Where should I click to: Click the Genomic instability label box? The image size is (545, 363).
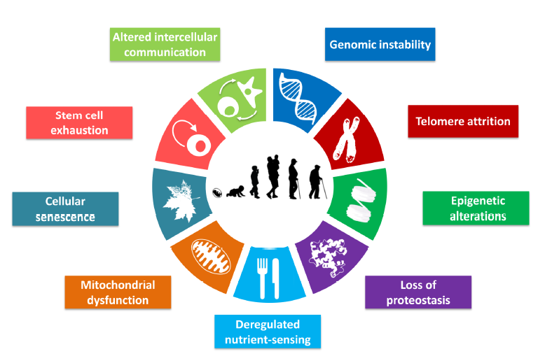click(380, 45)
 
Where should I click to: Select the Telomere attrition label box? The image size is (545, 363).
click(463, 121)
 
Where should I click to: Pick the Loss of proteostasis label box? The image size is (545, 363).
click(418, 292)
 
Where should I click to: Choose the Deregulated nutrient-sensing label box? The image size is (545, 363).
click(268, 332)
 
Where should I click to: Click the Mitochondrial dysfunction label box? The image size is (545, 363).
click(118, 292)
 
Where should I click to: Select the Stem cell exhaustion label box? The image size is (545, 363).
click(78, 122)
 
